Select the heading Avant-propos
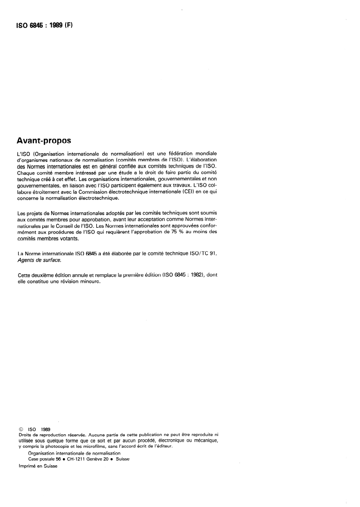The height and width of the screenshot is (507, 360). coord(44,140)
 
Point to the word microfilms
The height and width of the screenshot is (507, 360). coord(105,446)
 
